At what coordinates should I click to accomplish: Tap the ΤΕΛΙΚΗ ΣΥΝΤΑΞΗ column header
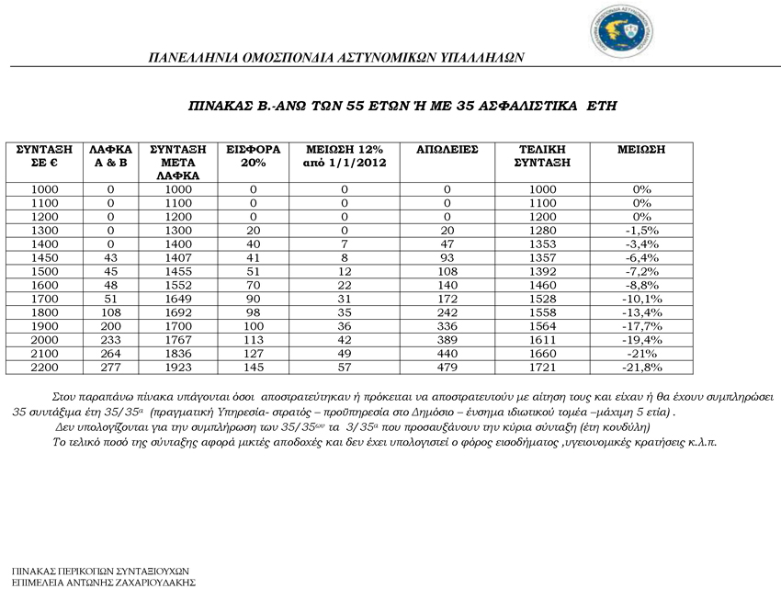click(x=541, y=155)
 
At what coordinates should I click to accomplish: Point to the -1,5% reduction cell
click(x=641, y=231)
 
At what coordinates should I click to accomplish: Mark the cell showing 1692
click(x=177, y=313)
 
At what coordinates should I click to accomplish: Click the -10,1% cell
click(x=641, y=300)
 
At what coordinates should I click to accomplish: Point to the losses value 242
click(x=447, y=313)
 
